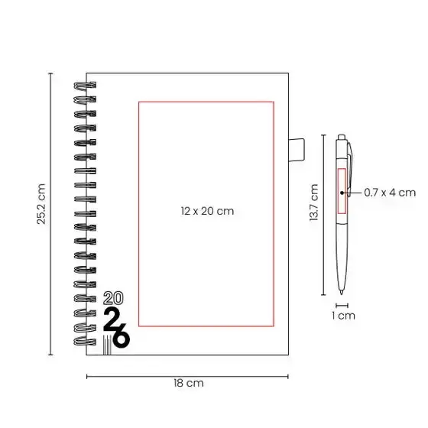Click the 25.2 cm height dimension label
(41, 204)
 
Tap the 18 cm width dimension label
(189, 383)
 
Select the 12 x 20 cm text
(207, 211)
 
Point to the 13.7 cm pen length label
(314, 203)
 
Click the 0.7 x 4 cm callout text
(390, 193)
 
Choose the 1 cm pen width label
(343, 316)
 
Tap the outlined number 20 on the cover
(113, 298)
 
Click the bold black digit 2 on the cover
(111, 318)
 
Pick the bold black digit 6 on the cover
(122, 336)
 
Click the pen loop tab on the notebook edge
(297, 150)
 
